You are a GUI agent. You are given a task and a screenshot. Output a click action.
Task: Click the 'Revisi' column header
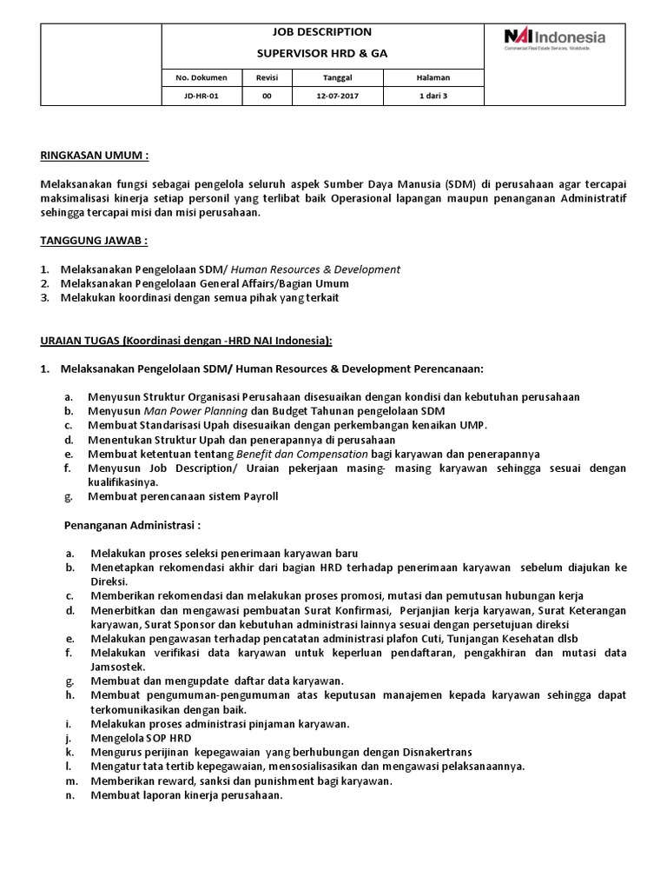point(267,77)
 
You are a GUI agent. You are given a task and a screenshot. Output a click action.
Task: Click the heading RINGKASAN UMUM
point(95,156)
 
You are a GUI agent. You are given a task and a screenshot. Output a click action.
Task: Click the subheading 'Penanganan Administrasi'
point(133,525)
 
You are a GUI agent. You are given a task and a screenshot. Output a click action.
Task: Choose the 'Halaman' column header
point(434,77)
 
